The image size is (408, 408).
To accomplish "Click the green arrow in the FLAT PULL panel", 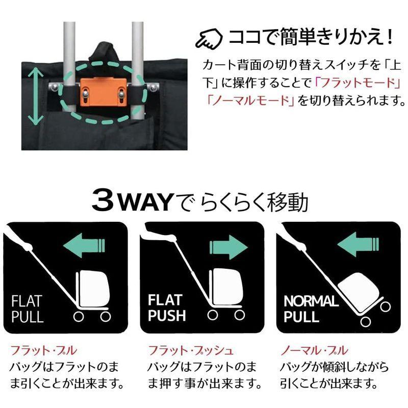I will point(85,245).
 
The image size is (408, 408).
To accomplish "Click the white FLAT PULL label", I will point(28,308).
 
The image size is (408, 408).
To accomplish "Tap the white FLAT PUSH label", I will point(167,308).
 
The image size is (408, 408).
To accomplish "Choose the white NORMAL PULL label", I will point(311,308).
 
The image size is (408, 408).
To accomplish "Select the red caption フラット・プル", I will point(44,351).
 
